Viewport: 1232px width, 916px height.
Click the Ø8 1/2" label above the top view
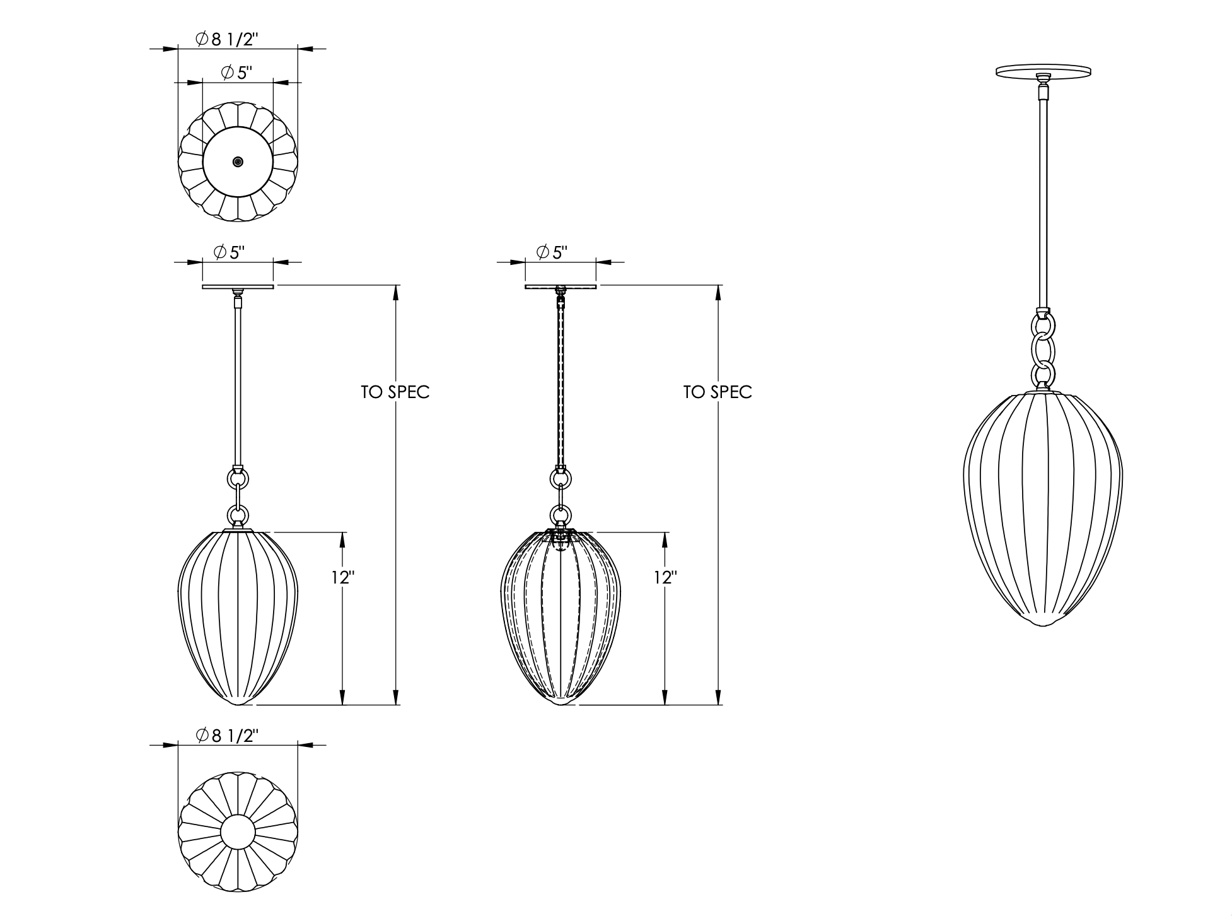227,40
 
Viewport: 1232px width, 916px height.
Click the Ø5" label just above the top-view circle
237,73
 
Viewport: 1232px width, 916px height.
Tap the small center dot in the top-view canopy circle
238,162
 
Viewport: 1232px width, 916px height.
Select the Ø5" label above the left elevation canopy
230,253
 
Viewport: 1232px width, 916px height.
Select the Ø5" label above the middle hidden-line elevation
552,253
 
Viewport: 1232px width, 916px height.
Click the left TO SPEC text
395,392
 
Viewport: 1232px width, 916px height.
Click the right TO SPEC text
718,392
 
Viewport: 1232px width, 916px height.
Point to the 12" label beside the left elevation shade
343,577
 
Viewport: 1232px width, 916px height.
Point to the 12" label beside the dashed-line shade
665,577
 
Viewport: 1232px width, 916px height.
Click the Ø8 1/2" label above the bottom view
227,736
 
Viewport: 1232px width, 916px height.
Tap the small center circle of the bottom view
238,832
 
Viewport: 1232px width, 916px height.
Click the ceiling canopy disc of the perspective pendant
1043,71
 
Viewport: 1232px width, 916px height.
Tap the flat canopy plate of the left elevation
238,287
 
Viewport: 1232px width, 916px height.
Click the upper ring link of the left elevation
238,479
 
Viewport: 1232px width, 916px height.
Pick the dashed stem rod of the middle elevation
560,385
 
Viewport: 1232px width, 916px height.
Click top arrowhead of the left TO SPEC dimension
396,291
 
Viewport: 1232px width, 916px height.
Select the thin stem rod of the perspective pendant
1043,202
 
